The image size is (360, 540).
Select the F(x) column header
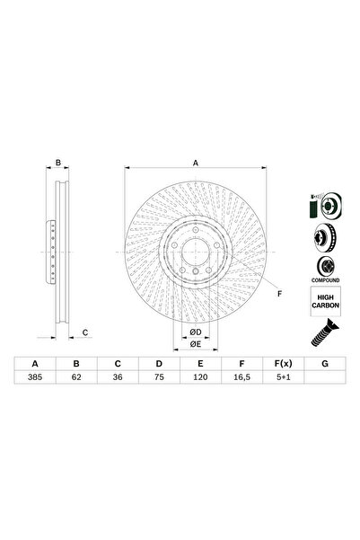282,365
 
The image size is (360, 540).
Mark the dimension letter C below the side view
84,333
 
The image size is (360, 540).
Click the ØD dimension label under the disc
194,333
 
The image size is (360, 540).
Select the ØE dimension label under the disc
194,345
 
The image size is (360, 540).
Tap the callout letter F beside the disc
278,294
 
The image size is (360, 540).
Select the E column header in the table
199,365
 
